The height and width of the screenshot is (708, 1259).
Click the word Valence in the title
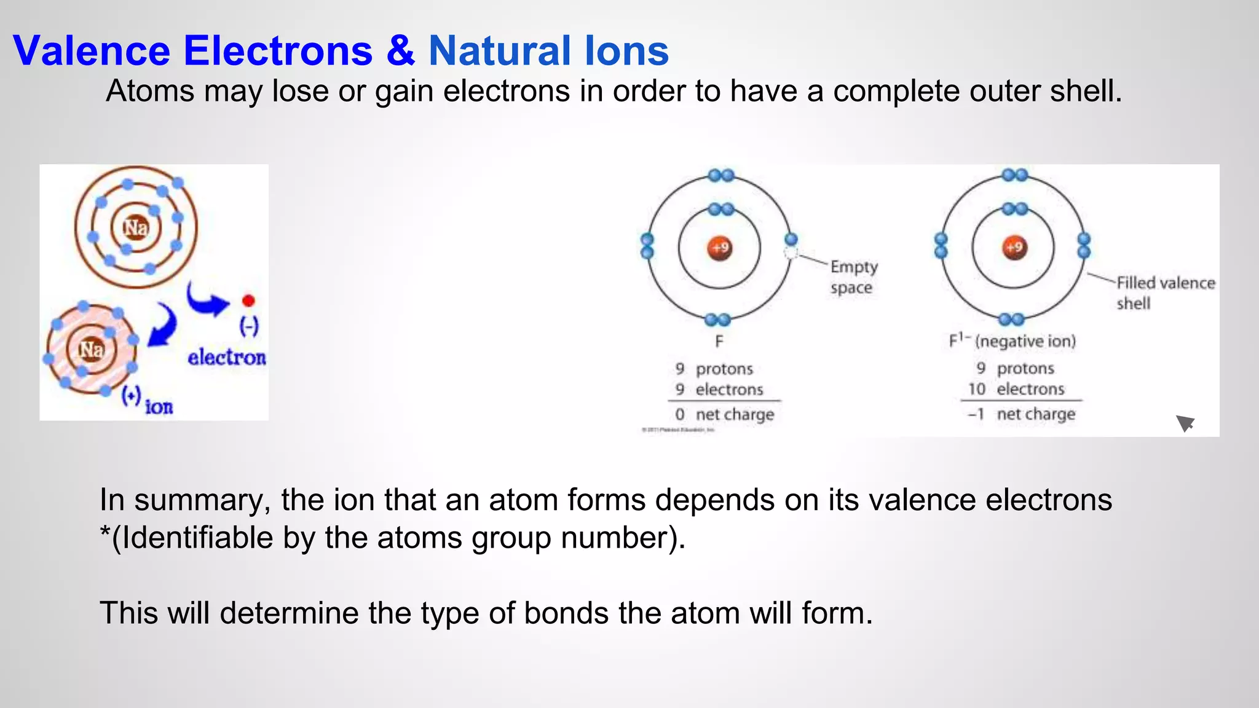(x=91, y=50)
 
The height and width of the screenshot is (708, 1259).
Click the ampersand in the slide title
(x=400, y=50)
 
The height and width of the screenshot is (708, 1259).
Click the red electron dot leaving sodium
(x=248, y=301)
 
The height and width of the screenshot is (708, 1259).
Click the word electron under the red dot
(x=227, y=357)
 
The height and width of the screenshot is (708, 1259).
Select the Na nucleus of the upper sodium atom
(x=135, y=227)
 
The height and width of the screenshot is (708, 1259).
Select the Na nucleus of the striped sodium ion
(x=91, y=350)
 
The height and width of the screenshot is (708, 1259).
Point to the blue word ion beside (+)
(x=159, y=407)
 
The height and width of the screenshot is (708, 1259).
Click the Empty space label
(x=853, y=277)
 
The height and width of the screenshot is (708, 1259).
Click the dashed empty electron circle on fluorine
(x=791, y=253)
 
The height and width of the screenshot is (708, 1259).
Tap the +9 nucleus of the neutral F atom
(x=719, y=248)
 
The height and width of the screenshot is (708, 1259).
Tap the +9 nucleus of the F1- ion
(x=1014, y=248)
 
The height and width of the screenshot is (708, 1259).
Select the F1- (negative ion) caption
(x=1012, y=341)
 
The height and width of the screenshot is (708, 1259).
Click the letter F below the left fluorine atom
(x=719, y=341)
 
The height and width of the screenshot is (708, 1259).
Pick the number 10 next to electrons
(x=976, y=389)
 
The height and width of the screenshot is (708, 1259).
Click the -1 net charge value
(x=976, y=414)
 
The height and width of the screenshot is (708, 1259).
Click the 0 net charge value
(x=680, y=414)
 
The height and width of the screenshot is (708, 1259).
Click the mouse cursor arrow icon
(x=1185, y=423)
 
